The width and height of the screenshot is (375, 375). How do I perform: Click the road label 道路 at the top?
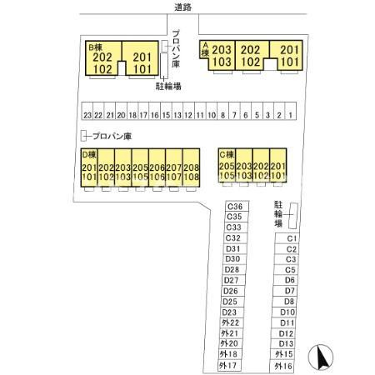tap(182, 7)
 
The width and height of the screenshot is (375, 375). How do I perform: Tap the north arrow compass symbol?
tap(321, 357)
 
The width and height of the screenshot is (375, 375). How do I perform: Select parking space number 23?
tap(87, 112)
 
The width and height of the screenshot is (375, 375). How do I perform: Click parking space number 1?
tap(291, 112)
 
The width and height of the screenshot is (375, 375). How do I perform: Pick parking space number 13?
tap(177, 112)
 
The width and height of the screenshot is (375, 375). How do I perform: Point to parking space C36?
tap(237, 207)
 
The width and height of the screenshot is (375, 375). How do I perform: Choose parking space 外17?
tap(229, 366)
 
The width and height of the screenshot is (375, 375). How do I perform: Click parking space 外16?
tap(282, 367)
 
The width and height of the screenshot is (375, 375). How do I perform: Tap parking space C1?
tap(287, 238)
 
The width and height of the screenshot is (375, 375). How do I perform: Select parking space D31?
tap(235, 249)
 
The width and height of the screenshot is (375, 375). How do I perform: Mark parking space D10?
tap(284, 312)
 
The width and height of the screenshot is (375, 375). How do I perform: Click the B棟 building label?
tap(95, 47)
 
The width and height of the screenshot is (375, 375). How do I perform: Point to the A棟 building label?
tap(205, 49)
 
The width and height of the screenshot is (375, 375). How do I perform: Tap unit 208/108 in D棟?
tap(191, 167)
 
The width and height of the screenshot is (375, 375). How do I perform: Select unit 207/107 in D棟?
tap(174, 167)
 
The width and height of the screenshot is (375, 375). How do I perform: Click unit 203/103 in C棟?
tap(244, 165)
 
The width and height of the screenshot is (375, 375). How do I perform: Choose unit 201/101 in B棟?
tap(141, 58)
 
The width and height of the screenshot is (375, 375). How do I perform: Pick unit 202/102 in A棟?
tap(251, 55)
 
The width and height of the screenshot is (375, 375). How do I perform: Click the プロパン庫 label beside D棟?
tap(112, 136)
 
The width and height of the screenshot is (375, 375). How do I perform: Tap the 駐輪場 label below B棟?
tap(168, 86)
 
